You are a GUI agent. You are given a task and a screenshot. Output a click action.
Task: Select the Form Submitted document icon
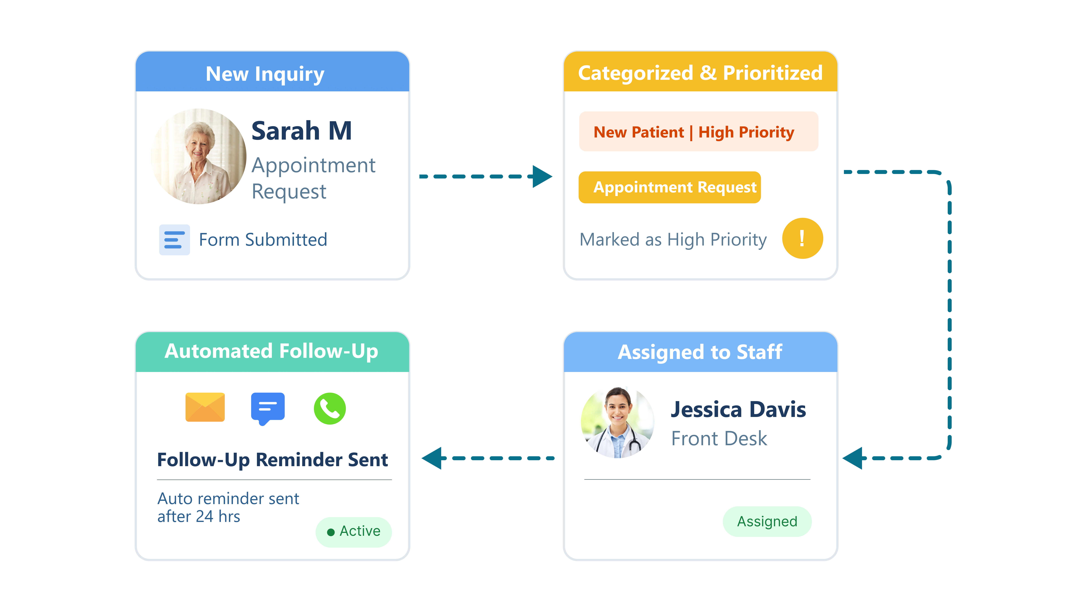[x=174, y=239]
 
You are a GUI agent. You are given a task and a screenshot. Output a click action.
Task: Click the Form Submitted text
[x=263, y=239]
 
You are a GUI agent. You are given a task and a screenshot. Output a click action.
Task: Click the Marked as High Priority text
[x=673, y=239]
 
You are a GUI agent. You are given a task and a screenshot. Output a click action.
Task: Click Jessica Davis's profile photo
[x=617, y=422]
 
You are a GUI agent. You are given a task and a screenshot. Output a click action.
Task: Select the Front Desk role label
[x=719, y=439]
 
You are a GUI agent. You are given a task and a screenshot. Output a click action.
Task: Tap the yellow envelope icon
[x=205, y=407]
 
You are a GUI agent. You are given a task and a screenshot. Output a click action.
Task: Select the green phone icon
[x=330, y=408]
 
